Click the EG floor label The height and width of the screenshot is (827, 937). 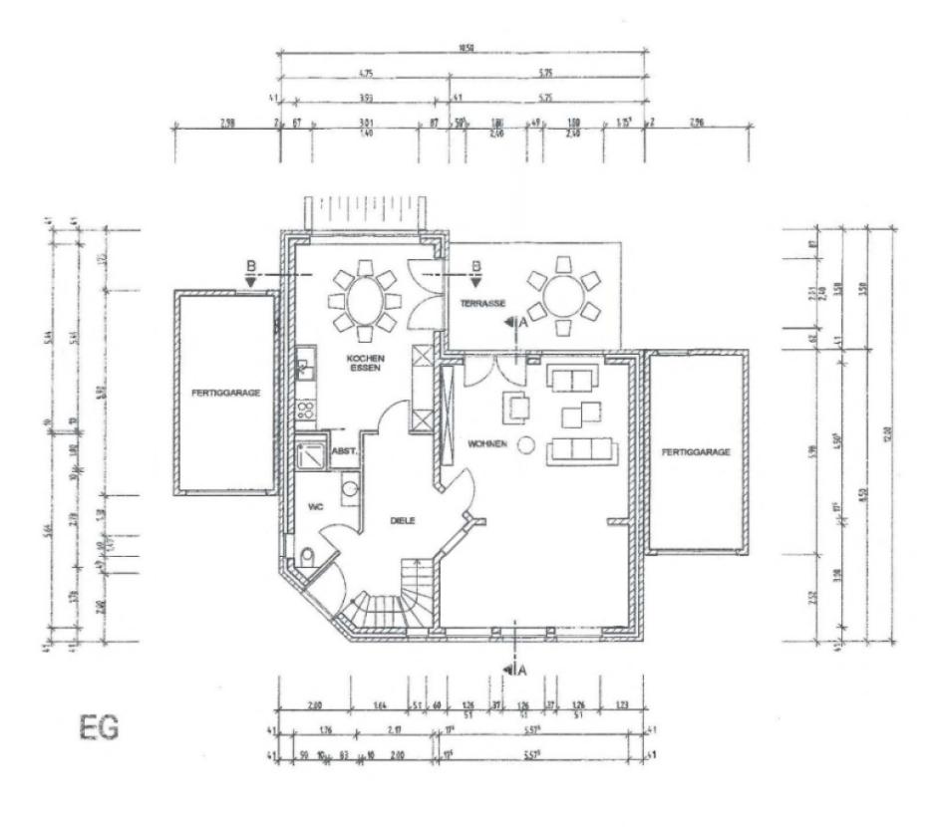click(x=100, y=727)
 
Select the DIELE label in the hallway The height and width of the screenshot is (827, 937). click(x=403, y=520)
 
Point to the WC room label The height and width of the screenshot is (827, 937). click(x=316, y=508)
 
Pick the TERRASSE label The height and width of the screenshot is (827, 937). click(x=483, y=302)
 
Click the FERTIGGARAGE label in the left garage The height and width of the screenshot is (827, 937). click(x=226, y=393)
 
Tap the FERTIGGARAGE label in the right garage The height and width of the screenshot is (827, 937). click(x=696, y=451)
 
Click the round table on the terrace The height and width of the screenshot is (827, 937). click(x=564, y=295)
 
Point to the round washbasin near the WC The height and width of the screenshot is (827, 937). click(x=349, y=487)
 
